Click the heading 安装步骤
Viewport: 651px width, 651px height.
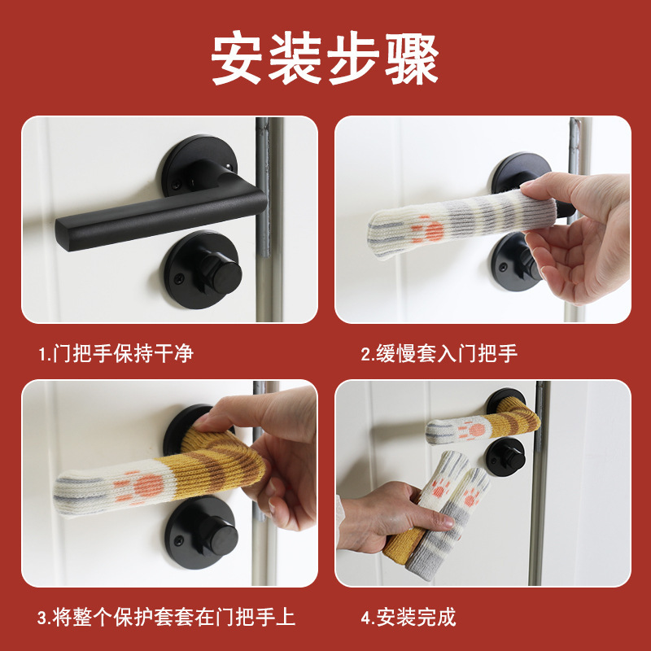point(325,59)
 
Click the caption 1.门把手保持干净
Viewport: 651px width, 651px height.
point(116,353)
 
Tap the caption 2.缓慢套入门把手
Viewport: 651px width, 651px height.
point(439,353)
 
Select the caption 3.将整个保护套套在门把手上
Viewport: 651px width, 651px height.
point(167,617)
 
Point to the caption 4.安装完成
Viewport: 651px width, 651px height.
point(409,617)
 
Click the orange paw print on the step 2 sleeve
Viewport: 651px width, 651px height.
point(429,230)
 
